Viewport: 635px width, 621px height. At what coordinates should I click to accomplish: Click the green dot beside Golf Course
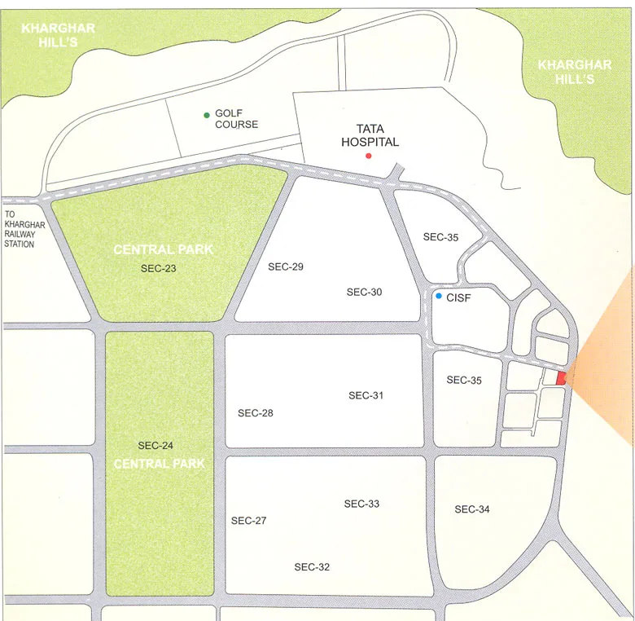(207, 115)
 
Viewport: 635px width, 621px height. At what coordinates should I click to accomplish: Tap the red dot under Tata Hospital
(368, 156)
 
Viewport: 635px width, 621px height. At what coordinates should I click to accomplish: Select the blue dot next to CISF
(438, 296)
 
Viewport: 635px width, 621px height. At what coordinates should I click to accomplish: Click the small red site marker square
(560, 377)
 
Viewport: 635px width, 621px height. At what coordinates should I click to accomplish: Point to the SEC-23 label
(158, 268)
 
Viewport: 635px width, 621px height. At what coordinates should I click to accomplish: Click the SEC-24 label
(155, 446)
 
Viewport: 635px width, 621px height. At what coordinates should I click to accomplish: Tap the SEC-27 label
(248, 521)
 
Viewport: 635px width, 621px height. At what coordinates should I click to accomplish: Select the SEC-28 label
(255, 413)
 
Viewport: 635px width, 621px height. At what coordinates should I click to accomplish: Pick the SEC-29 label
(285, 266)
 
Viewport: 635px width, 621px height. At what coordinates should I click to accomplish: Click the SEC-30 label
(364, 292)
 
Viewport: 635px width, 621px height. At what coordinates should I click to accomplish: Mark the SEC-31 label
(366, 395)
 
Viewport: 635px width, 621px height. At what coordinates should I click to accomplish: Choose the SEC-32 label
(312, 567)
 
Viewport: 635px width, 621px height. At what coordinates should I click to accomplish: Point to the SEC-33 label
(361, 504)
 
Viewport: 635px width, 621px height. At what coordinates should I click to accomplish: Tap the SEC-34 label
(472, 509)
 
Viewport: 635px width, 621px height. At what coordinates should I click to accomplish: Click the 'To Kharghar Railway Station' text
(24, 229)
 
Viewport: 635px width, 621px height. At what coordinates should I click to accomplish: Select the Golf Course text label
(236, 119)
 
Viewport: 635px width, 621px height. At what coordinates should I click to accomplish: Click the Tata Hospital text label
(370, 135)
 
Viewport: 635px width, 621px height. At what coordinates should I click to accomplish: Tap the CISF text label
(458, 298)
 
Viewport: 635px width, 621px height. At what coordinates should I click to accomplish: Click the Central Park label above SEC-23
(163, 249)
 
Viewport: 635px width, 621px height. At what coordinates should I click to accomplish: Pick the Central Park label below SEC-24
(159, 464)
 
